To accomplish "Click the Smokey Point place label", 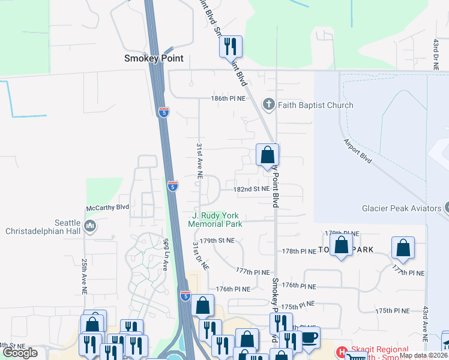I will point(153,58).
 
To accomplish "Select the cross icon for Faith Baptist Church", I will point(268,105).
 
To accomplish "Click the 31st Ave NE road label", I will point(199,161).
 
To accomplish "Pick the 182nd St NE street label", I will point(252,188).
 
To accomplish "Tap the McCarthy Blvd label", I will point(107,208).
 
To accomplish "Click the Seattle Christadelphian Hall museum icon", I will point(91,226).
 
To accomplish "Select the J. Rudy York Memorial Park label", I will point(215,220).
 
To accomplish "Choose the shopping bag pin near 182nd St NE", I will point(267,155).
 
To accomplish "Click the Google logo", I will point(20,353).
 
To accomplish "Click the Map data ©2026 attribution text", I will point(422,355).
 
